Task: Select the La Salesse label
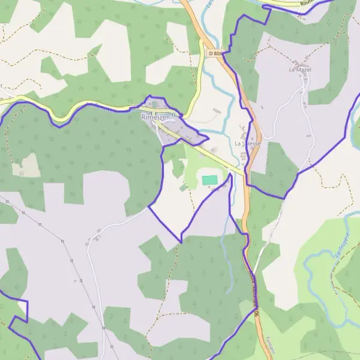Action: (247, 144)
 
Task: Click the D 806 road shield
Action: (215, 53)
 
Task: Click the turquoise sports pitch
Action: (209, 179)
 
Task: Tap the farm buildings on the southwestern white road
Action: (91, 241)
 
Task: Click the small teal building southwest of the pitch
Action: (183, 187)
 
